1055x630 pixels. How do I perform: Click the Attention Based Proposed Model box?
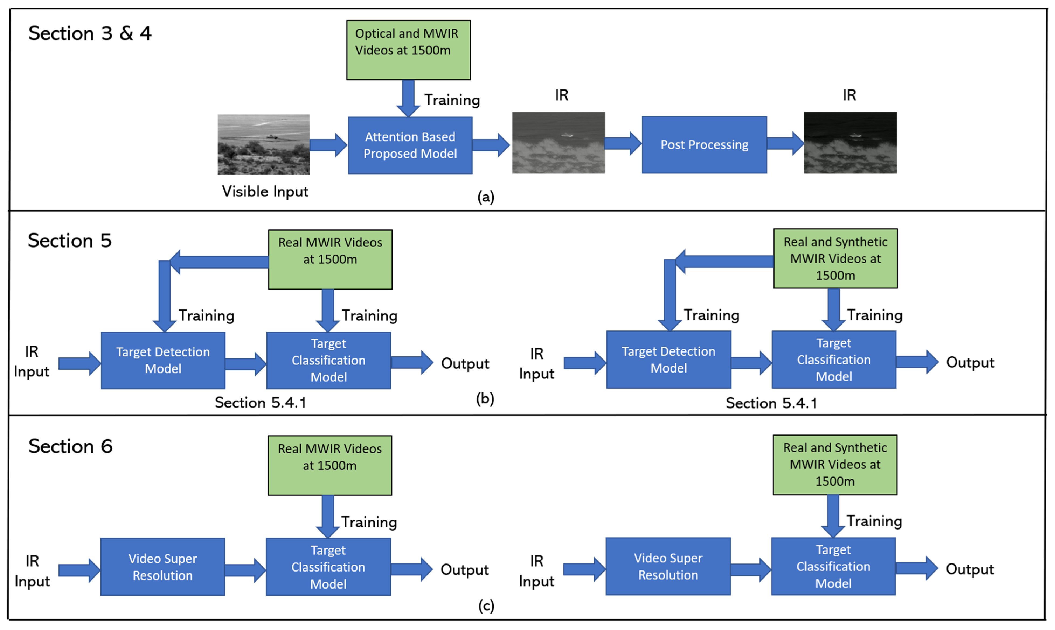[410, 145]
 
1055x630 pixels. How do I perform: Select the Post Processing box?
[704, 145]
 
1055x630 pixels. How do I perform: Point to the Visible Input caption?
[265, 192]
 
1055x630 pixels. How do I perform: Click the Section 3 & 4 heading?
[90, 33]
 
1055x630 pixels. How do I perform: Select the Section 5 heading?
[70, 241]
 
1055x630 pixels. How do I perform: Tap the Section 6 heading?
[71, 447]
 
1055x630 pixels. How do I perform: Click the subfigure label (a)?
[486, 197]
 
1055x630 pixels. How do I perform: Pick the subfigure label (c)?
[486, 606]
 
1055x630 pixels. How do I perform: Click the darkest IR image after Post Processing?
[850, 143]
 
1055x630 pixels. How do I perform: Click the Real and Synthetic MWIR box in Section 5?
[835, 259]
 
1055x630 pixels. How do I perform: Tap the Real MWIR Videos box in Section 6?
[329, 465]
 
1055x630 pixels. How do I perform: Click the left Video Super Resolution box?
[163, 567]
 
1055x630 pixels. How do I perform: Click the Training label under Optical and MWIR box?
[452, 100]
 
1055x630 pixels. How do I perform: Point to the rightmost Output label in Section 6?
[970, 569]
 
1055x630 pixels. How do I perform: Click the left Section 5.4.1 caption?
[260, 402]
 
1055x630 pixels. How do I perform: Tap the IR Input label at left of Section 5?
[32, 361]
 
